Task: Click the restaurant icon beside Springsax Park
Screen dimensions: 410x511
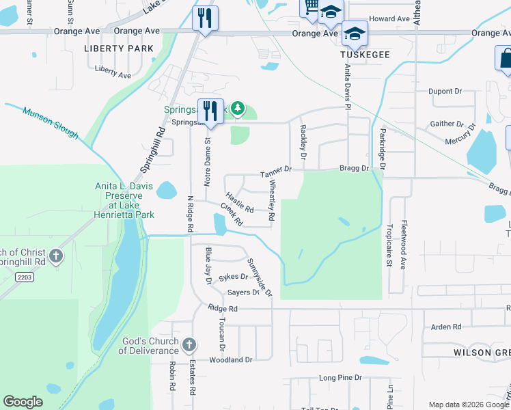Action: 210,112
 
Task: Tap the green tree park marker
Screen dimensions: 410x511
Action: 238,107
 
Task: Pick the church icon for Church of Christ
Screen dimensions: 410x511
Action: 57,257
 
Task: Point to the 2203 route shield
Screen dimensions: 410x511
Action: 25,275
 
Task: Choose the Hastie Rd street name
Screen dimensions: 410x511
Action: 239,201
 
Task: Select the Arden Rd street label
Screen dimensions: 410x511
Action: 446,327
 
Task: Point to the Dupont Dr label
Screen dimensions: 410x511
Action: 445,91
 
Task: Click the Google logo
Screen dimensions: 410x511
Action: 23,402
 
